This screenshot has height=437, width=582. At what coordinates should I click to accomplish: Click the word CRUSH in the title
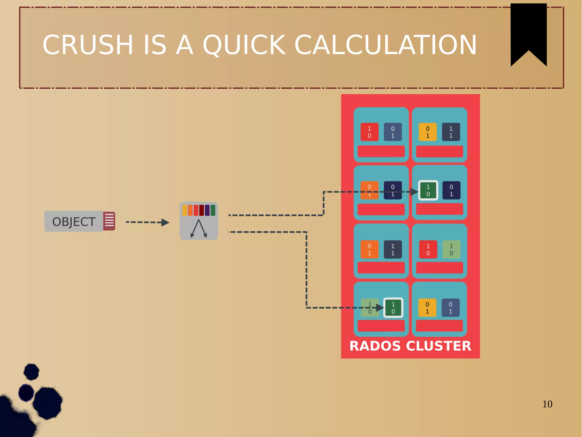tap(88, 45)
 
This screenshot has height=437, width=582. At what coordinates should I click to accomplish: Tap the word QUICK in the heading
tap(244, 45)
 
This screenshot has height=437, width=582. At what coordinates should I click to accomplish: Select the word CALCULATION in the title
tap(385, 45)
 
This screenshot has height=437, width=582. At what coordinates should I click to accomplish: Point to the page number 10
tap(547, 404)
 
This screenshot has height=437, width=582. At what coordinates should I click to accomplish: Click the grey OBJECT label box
tap(74, 221)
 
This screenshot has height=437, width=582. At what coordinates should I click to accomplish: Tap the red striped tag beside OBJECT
tap(109, 221)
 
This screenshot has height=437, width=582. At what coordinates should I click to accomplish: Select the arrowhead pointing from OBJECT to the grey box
tap(165, 222)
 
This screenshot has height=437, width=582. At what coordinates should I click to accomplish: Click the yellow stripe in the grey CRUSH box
tap(185, 210)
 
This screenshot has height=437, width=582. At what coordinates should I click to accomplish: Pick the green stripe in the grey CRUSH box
tap(213, 210)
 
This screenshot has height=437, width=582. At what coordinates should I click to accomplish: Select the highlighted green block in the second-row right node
tap(428, 190)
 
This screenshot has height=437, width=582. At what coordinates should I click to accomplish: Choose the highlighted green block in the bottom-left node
tap(393, 308)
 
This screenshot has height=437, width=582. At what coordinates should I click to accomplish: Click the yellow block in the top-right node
tap(427, 132)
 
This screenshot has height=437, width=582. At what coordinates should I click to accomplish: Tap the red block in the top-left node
tap(369, 132)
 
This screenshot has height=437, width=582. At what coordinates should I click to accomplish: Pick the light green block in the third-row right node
tap(451, 249)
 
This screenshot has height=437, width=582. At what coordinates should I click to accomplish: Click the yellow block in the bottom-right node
tap(427, 308)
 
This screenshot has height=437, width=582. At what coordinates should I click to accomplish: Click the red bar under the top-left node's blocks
tap(381, 151)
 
